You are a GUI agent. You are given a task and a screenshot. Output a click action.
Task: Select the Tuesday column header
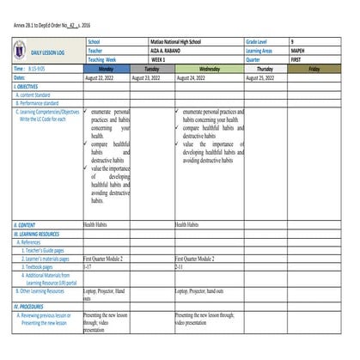pos(151,68)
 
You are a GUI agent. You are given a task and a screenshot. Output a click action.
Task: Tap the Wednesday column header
pos(209,68)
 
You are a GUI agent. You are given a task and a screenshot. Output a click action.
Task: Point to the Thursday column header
pos(265,68)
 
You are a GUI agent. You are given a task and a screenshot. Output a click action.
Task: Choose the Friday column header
pos(314,68)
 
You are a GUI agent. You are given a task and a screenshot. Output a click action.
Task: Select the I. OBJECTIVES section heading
pos(27,87)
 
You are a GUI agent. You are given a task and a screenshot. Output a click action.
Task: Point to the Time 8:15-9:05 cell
pos(30,68)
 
